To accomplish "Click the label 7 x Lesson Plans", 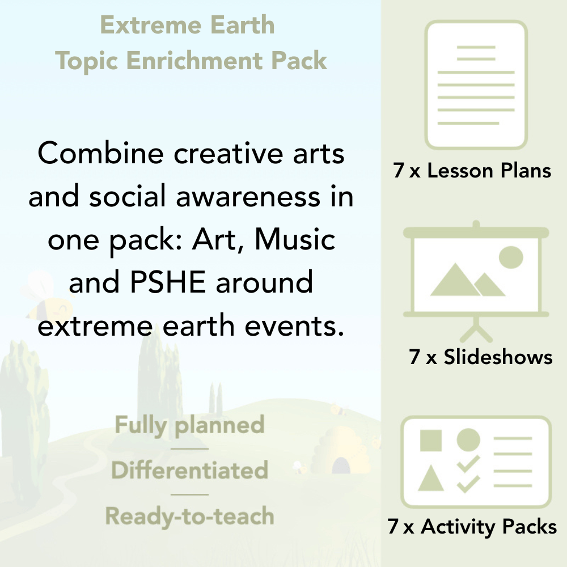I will tap(472, 171).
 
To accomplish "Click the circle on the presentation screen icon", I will tap(510, 257).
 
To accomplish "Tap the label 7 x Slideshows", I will tap(481, 357).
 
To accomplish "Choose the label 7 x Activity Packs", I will tap(472, 527).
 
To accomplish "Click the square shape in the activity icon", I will tap(431, 440).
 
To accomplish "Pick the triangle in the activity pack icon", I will tap(430, 480).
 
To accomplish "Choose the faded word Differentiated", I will tap(189, 471).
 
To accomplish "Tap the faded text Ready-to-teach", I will tap(189, 516).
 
